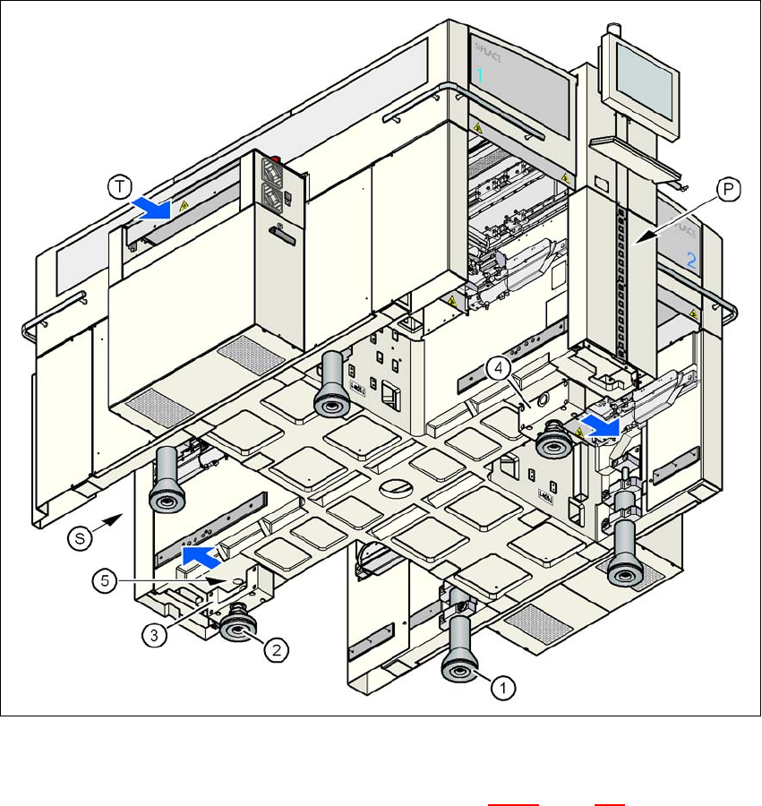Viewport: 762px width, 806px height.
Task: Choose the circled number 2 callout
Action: point(278,650)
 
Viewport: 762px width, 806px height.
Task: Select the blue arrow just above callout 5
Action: point(201,557)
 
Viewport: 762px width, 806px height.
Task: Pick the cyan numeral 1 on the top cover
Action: point(479,78)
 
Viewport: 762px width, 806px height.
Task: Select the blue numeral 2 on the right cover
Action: point(689,262)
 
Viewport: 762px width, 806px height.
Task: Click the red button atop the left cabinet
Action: point(276,162)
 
